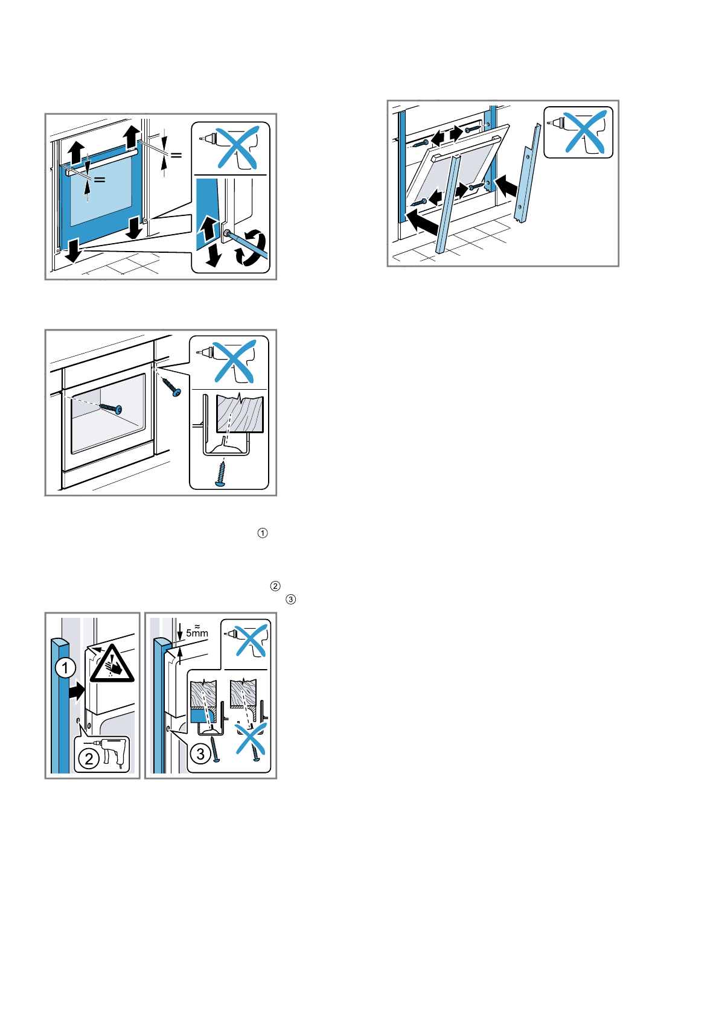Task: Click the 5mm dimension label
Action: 197,633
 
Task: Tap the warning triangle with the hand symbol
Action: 112,664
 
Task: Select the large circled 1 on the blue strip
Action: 65,668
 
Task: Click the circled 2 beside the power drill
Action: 89,758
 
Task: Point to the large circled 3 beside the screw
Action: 200,754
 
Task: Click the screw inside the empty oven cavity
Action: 110,408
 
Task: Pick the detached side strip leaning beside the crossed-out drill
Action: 526,172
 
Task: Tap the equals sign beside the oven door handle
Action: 99,179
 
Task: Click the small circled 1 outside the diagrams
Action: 263,533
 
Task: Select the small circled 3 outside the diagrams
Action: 291,599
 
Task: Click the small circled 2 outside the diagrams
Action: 275,586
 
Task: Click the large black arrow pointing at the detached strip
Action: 506,185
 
